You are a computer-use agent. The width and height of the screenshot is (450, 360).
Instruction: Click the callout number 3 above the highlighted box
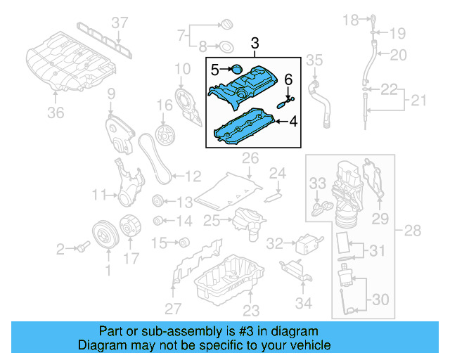[255, 46]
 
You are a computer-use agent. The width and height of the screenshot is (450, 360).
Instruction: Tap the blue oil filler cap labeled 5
[236, 70]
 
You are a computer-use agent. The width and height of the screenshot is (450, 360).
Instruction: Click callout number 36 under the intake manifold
[56, 112]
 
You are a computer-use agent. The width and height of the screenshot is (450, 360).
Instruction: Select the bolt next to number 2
[83, 247]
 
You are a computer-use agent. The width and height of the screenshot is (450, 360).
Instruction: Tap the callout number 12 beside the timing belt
[193, 176]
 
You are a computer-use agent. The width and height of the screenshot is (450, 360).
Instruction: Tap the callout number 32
[275, 243]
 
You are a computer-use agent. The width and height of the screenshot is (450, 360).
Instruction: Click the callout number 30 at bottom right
[379, 300]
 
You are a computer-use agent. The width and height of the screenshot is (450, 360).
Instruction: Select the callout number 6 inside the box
[288, 79]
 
